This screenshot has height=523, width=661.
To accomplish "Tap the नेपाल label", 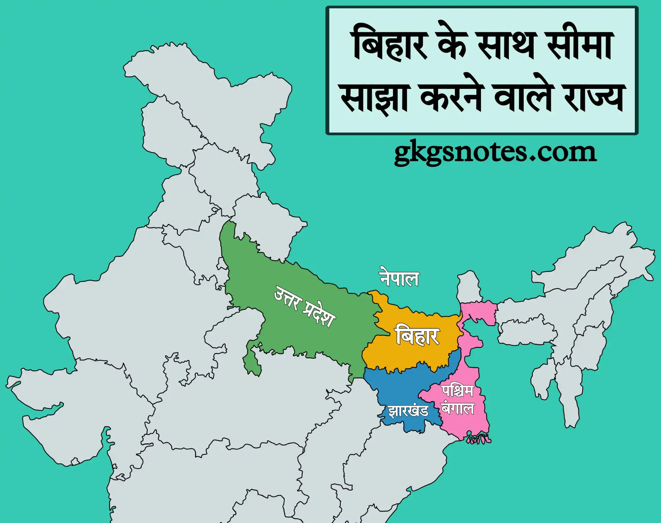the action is [x=399, y=278].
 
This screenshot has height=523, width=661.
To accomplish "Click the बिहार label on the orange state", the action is [x=417, y=336].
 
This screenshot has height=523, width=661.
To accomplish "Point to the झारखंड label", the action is [x=408, y=411].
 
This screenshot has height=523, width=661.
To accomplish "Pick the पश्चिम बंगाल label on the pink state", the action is [x=458, y=400].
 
